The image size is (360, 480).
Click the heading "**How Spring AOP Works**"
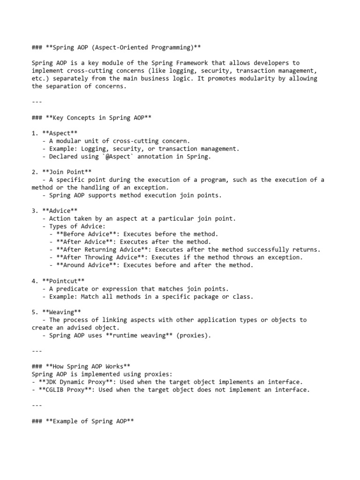click(87, 366)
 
